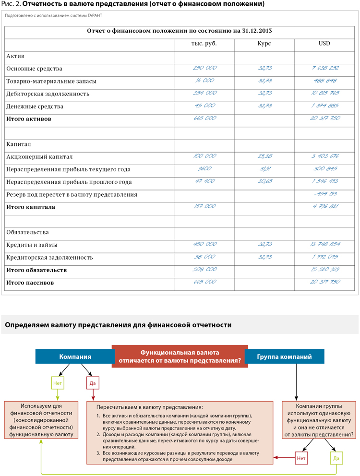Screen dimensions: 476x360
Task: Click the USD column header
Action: tap(324, 44)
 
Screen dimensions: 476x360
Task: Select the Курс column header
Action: tap(264, 44)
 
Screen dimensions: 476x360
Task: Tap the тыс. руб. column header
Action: tap(204, 44)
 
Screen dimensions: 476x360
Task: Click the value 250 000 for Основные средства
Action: tap(204, 68)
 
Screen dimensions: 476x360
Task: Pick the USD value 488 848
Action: tap(325, 81)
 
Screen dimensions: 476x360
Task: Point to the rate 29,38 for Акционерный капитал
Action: tap(264, 156)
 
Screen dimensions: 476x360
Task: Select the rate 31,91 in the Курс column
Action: tap(264, 169)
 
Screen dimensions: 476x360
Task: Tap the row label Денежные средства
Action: tap(35, 106)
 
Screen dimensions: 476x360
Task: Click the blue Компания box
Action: tap(75, 357)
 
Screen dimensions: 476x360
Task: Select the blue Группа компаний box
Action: tap(284, 357)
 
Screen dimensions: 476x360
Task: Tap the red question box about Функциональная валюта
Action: tap(180, 357)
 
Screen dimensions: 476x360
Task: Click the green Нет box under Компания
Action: tap(58, 383)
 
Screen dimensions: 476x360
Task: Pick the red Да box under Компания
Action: tap(93, 383)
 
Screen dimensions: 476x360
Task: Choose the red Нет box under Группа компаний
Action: tap(301, 458)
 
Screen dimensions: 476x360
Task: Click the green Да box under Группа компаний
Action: tap(336, 458)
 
